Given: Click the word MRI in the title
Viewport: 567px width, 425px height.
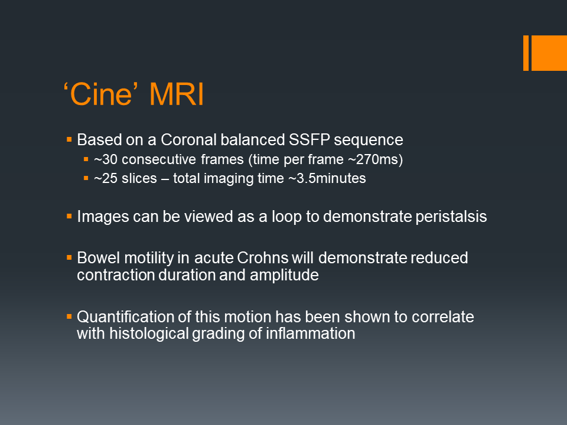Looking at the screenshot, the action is [177, 94].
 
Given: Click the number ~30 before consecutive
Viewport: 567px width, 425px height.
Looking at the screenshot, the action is [106, 159].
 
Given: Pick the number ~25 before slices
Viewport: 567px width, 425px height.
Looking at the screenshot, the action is [106, 178].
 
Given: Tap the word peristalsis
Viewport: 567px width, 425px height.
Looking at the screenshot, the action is [451, 217].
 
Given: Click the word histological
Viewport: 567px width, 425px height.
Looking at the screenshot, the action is [149, 334].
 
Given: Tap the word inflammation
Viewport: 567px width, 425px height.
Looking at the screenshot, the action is [311, 334].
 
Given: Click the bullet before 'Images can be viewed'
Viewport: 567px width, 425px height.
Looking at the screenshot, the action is [69, 217].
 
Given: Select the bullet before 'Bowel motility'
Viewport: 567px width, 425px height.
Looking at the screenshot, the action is [69, 258].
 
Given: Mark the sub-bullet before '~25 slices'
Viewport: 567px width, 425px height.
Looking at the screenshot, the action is [86, 178].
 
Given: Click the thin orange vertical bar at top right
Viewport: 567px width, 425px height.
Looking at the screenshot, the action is [526, 53].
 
